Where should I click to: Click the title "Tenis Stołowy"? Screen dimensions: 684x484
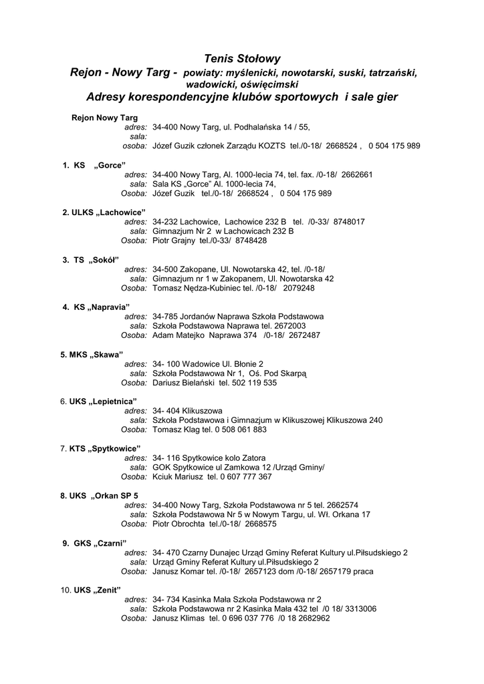point(242,59)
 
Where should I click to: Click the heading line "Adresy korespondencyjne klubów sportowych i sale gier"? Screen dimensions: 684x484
point(241,98)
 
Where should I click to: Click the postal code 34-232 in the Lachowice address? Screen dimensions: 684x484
point(164,222)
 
